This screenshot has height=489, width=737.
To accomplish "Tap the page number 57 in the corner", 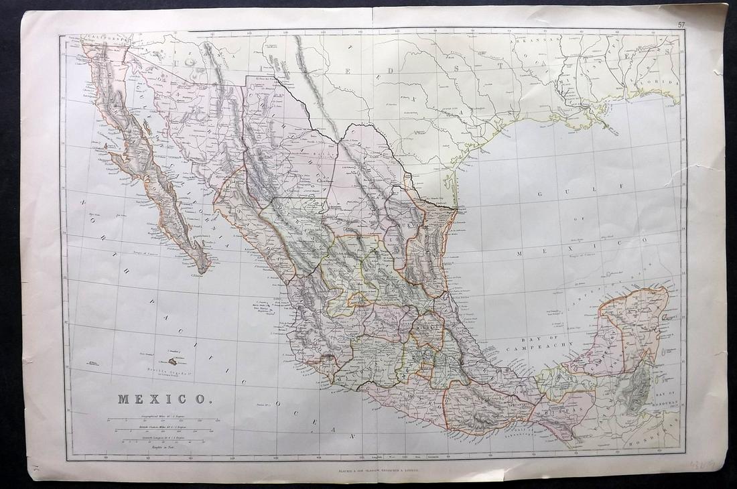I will point(681,25).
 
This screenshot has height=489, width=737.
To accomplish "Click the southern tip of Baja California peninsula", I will point(202,270).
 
